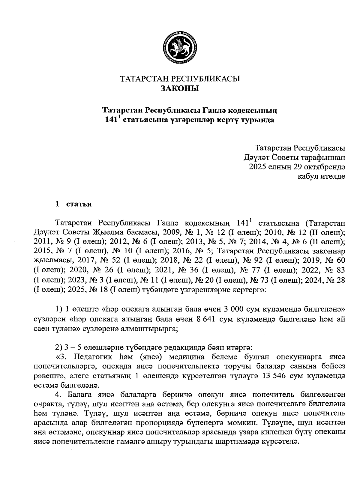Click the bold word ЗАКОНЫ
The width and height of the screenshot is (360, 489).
coord(180,88)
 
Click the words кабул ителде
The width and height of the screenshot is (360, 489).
coord(321,176)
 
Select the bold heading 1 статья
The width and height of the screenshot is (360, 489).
coord(73,204)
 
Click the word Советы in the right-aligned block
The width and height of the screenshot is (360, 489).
coord(286,157)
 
